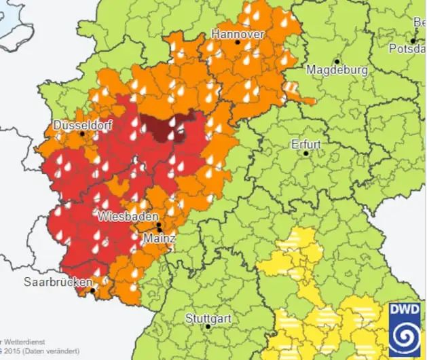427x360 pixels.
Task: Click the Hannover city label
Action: pos(237,33)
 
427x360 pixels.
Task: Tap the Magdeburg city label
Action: pos(337,70)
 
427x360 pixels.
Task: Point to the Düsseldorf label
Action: pos(80,125)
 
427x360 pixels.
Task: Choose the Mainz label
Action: pos(160,239)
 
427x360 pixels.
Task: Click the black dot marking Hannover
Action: pos(238,42)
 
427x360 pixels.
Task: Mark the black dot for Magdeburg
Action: pos(337,60)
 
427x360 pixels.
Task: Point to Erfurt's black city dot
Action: pos(306,154)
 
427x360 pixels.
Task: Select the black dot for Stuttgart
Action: pos(208,327)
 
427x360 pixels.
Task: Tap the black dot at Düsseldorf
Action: pos(83,134)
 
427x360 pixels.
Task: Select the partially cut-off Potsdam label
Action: pos(409,48)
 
